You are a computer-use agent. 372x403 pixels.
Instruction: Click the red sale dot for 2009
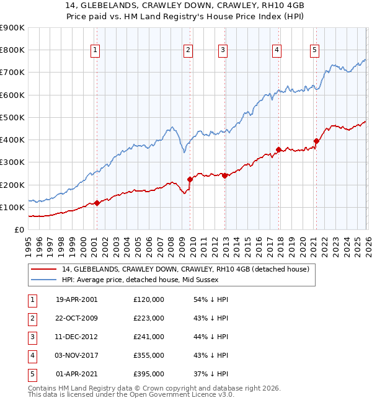pos(190,179)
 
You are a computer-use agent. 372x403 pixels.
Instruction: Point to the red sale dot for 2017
pos(278,149)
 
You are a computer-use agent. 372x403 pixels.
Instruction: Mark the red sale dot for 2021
pos(316,141)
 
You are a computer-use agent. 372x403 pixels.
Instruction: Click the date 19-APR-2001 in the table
pos(76,299)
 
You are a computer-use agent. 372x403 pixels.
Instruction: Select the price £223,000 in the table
pos(149,318)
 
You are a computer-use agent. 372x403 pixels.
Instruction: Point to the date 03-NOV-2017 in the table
pos(76,355)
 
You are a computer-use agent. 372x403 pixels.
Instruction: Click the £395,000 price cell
pos(149,374)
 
